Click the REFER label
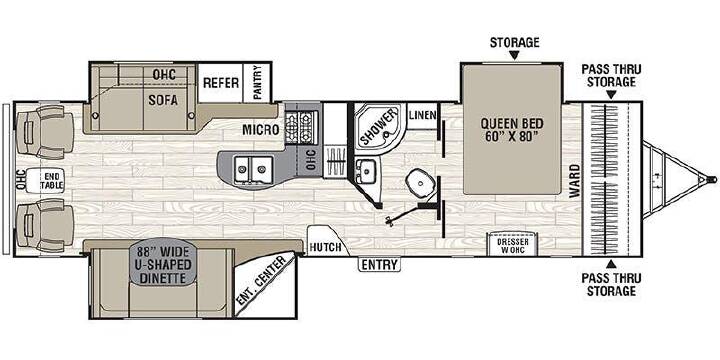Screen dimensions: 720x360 (221, 83)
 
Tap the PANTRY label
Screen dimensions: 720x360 (258, 82)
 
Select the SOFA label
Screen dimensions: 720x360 (163, 100)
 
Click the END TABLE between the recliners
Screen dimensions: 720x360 (46, 181)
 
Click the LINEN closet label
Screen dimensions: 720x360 (422, 115)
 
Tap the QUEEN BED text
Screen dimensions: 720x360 (512, 124)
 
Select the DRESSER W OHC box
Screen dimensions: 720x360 (513, 244)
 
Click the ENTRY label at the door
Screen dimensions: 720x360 (379, 264)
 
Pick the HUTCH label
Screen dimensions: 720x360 (325, 247)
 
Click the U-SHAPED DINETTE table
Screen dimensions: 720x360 (163, 265)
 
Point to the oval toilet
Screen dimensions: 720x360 (420, 182)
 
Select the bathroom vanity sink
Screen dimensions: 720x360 (366, 171)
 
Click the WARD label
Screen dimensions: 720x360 (574, 181)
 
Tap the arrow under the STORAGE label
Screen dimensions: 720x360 (514, 56)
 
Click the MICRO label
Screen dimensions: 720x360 (260, 130)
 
